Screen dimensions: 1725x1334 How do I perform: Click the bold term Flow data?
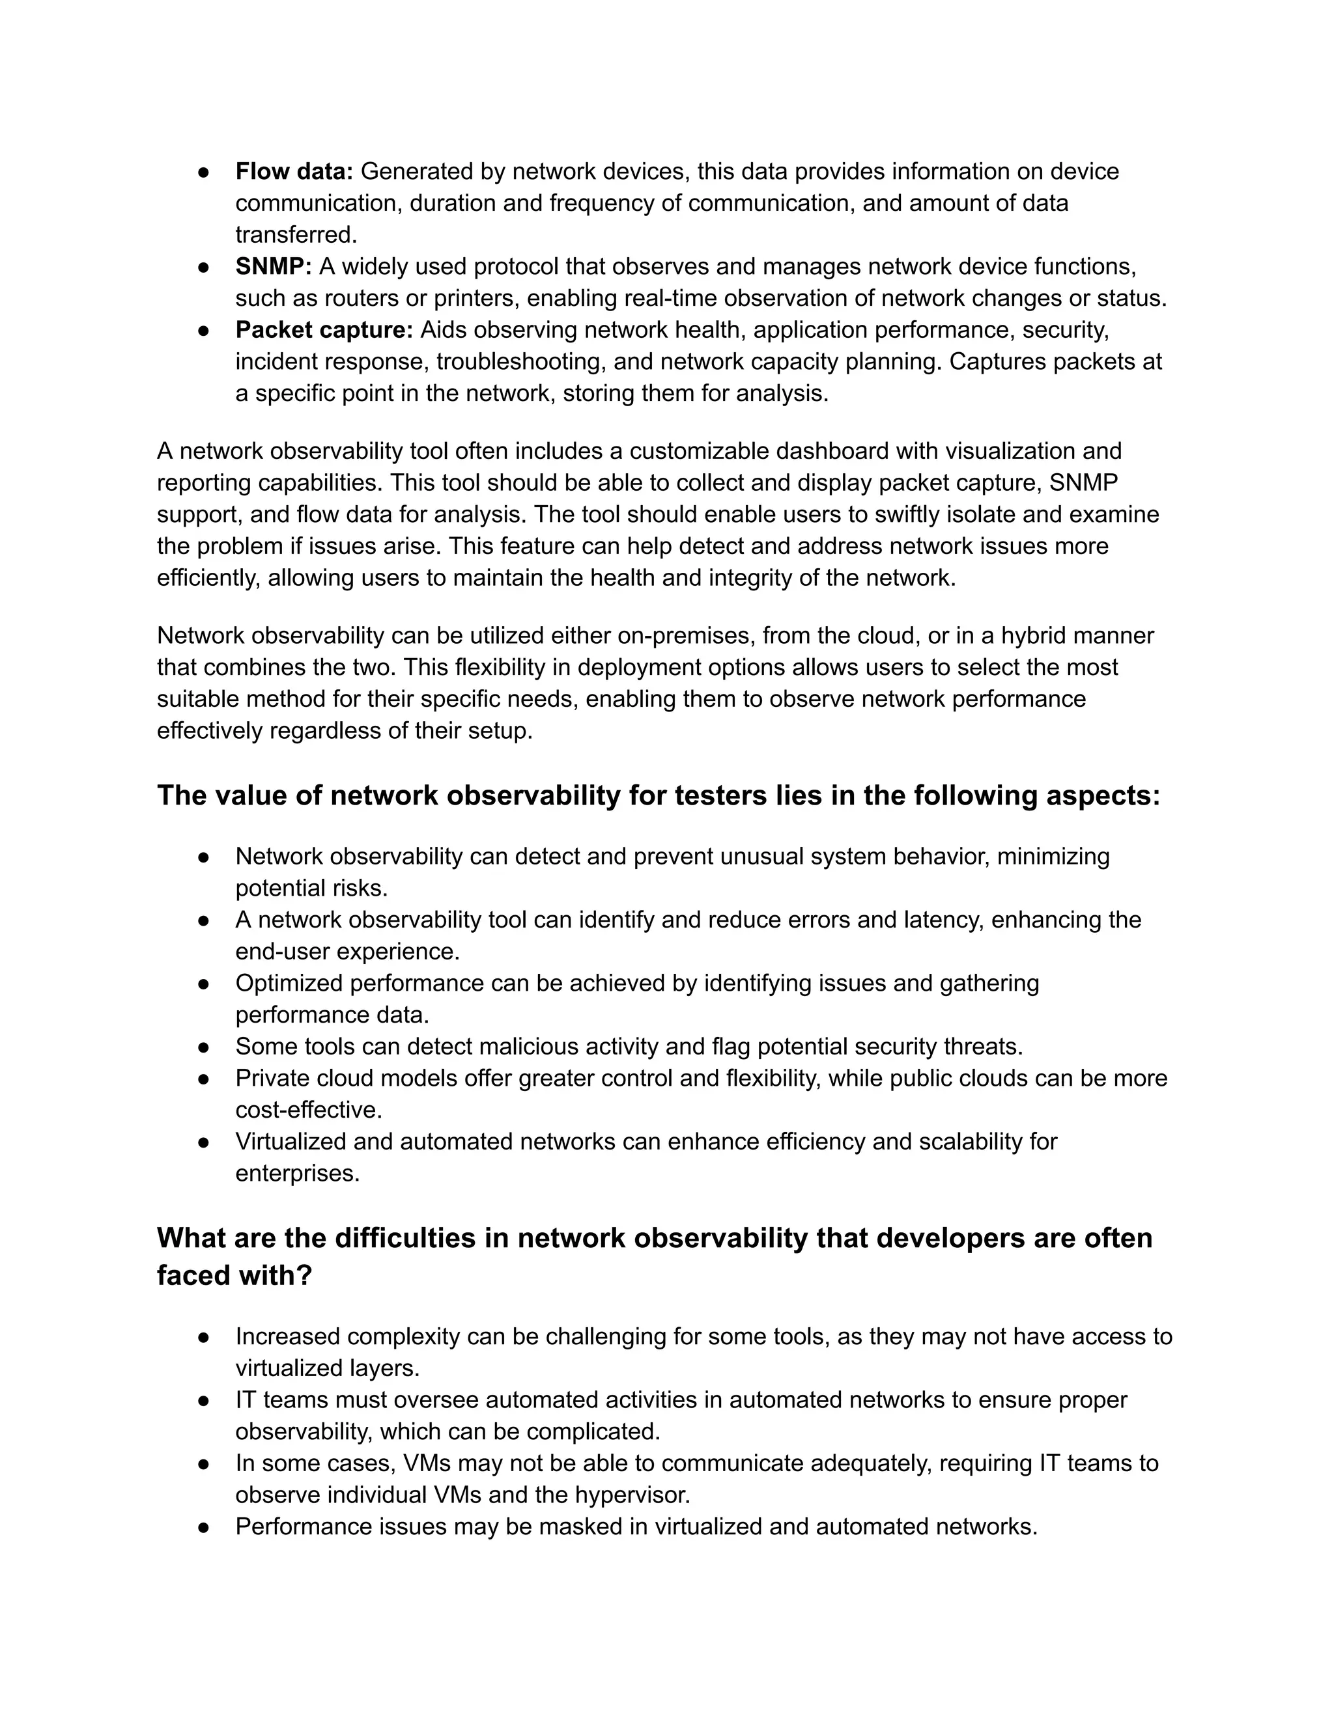pos(294,171)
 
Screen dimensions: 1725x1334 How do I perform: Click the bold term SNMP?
pos(274,266)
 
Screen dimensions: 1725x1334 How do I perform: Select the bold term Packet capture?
pos(324,329)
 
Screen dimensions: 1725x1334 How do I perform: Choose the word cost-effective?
pos(308,1110)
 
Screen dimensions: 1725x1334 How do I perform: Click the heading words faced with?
pos(234,1275)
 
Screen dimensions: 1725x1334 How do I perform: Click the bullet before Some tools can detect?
pos(204,1047)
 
